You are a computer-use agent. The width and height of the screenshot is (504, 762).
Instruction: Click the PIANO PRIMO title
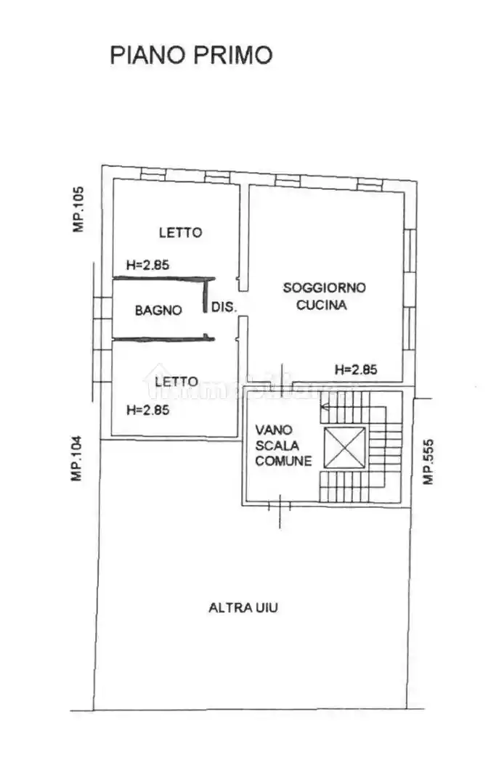(x=191, y=54)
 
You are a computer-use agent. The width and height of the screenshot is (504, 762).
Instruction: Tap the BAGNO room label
(x=158, y=310)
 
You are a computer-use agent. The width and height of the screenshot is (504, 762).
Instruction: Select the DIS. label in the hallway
(x=224, y=307)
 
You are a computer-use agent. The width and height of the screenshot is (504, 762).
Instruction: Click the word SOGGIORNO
(x=325, y=287)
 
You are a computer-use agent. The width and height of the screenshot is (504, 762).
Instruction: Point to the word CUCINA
(x=322, y=306)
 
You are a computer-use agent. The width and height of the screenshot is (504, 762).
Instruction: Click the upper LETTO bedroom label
(x=181, y=232)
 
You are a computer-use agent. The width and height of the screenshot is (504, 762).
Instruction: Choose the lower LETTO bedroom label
(x=176, y=382)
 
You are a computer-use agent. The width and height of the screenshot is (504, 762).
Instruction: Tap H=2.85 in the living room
(x=356, y=370)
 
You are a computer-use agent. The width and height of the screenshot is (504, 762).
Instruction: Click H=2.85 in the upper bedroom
(x=148, y=265)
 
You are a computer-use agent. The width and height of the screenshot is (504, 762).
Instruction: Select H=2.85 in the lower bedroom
(x=148, y=410)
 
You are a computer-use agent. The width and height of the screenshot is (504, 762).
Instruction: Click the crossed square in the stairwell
(x=344, y=448)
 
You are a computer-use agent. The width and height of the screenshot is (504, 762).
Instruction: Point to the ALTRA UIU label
(x=243, y=607)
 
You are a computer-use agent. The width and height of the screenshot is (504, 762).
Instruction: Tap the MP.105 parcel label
(x=78, y=210)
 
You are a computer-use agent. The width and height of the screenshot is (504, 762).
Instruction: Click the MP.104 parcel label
(x=77, y=458)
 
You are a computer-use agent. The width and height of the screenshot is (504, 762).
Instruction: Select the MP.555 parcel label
(x=428, y=462)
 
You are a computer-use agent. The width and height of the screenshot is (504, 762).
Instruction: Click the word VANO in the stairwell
(x=274, y=430)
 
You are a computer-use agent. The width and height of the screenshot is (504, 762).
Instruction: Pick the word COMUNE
(x=284, y=461)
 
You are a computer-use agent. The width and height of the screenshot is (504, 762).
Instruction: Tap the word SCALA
(x=277, y=446)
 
